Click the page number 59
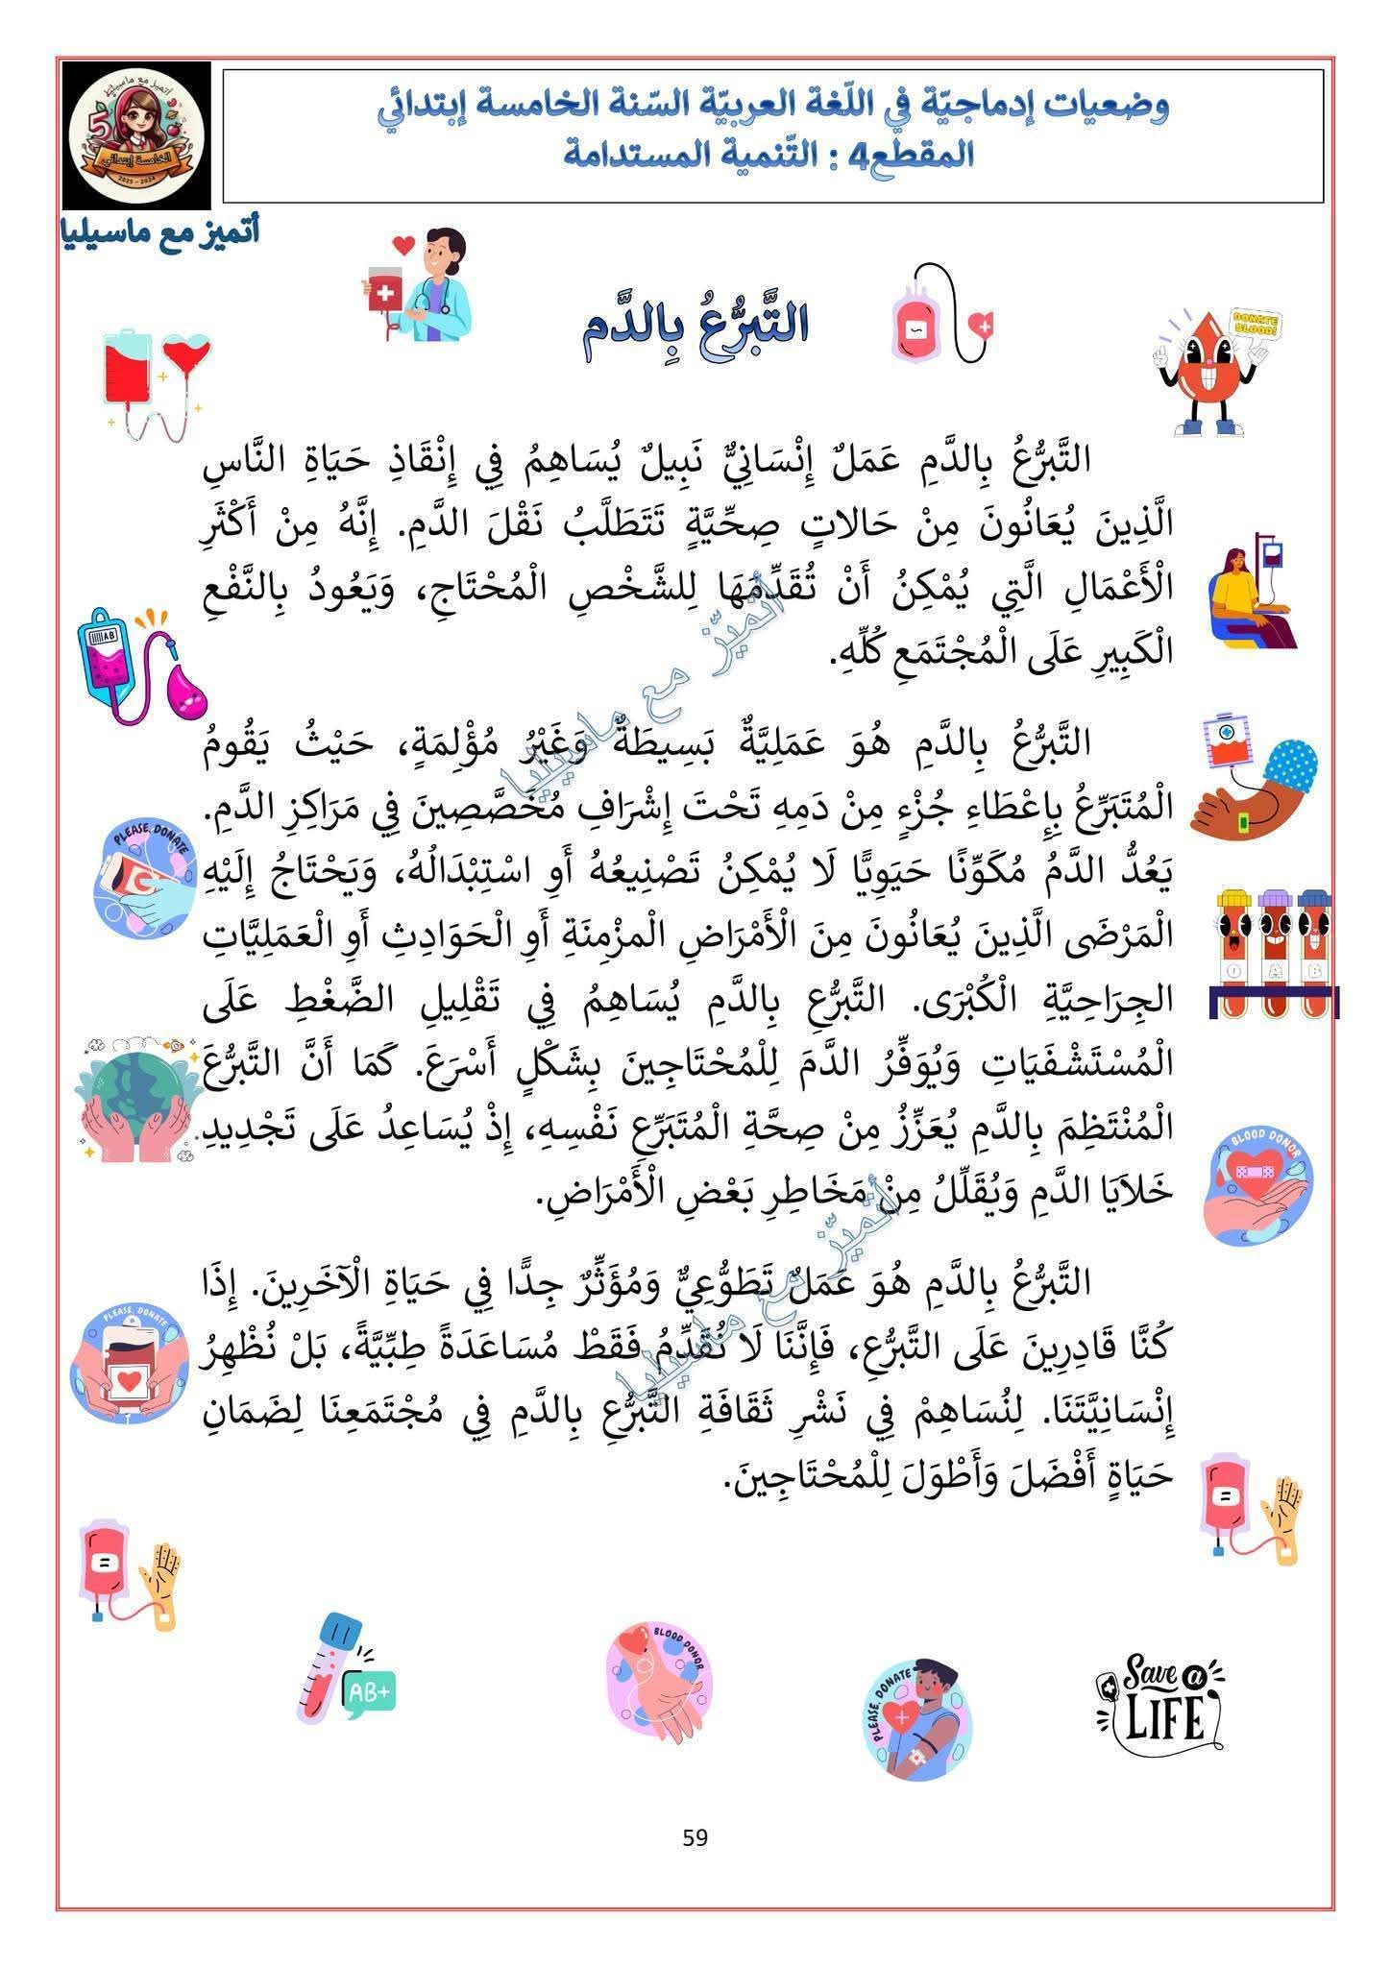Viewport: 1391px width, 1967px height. coord(695,1837)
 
